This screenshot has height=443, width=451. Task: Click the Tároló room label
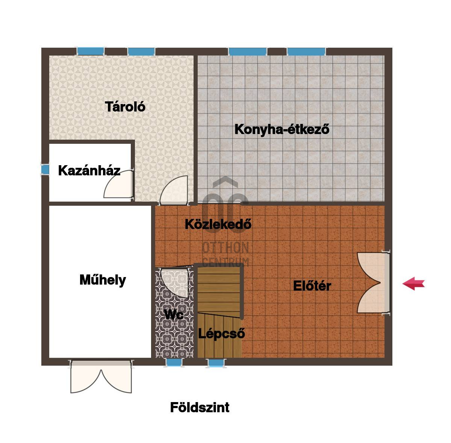[125, 107]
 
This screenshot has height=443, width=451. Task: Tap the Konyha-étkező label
[282, 130]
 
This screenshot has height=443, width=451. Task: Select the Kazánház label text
[89, 170]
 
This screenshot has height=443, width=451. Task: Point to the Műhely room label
[103, 280]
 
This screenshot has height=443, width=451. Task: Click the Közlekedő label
[218, 224]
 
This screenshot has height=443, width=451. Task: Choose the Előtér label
[312, 286]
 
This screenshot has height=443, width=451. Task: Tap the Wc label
[174, 315]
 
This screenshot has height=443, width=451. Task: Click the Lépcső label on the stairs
[221, 333]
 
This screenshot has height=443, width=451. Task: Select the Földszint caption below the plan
[200, 407]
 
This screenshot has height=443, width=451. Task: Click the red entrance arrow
[413, 283]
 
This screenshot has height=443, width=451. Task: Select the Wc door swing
[175, 283]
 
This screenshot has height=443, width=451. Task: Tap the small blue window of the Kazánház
[45, 170]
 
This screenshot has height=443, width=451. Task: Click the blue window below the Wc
[174, 363]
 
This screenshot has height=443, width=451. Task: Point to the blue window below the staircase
[216, 363]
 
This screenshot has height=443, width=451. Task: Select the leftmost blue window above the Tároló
[91, 51]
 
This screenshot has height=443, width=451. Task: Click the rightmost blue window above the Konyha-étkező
[306, 52]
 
